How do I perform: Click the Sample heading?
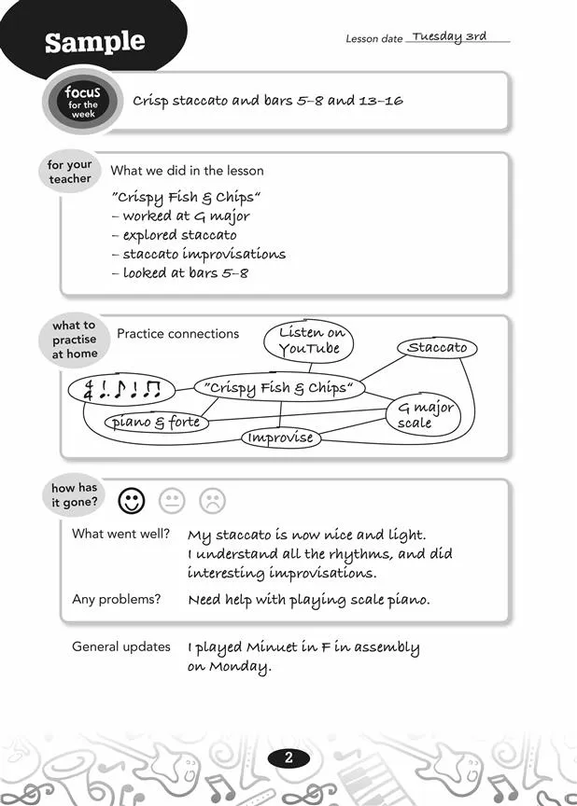95,42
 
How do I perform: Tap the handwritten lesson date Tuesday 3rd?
449,37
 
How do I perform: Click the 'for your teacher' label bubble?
71,172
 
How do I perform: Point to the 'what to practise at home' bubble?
74,340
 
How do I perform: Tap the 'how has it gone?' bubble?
74,495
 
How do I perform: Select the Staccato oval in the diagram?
437,348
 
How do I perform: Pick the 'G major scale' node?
425,415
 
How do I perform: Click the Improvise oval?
281,438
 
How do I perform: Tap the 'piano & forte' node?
157,423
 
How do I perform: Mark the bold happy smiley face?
133,502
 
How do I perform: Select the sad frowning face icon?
213,502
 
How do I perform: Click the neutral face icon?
173,502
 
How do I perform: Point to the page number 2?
288,758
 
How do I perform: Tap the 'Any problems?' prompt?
117,599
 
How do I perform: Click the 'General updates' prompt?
121,646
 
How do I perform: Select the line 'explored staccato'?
179,235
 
